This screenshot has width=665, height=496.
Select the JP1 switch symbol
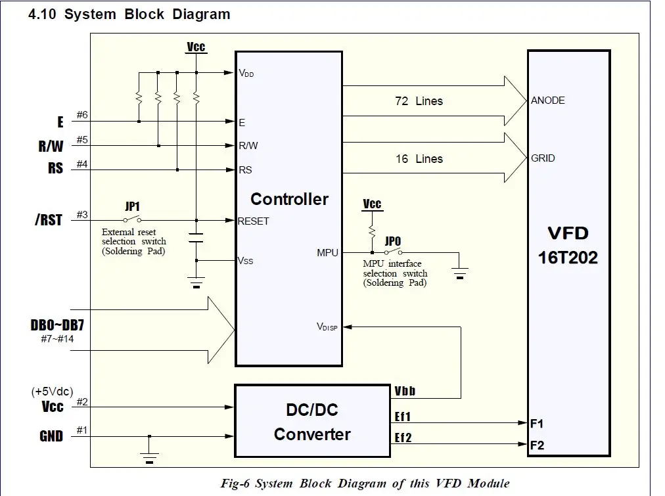click(132, 220)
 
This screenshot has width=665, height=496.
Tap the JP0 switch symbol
click(393, 252)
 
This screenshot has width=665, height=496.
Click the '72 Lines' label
click(419, 101)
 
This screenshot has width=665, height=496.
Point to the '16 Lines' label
click(419, 159)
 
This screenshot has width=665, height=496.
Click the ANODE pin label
click(548, 101)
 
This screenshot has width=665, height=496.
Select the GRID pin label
click(543, 158)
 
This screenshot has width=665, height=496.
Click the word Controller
click(289, 199)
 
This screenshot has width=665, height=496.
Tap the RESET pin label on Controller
click(253, 221)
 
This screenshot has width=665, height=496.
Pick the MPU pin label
click(327, 252)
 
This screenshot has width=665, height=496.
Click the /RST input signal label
click(49, 220)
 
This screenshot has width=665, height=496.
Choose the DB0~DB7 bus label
click(56, 326)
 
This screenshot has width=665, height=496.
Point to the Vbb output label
click(405, 392)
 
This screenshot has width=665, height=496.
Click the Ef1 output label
click(403, 416)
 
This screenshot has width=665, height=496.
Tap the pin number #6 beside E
click(82, 116)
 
